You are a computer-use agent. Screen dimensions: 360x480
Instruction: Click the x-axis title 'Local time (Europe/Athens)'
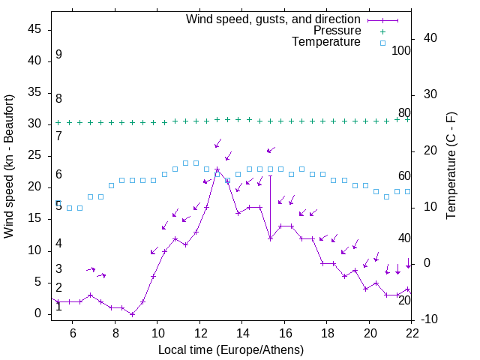tap(231, 349)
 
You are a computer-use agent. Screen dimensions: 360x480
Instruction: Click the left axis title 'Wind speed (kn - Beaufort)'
tap(9, 166)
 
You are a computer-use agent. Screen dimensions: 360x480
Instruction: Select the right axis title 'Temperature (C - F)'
tap(451, 166)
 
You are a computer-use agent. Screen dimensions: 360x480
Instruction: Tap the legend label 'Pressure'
tap(337, 31)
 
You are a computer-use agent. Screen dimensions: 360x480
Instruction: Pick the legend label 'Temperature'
tap(326, 42)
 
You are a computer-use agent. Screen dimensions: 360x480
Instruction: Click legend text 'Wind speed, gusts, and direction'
tap(274, 19)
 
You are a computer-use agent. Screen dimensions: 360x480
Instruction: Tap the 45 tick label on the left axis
tap(34, 29)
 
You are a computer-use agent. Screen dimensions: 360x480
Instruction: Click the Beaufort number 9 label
tap(58, 55)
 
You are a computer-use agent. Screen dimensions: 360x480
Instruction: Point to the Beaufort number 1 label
tap(58, 307)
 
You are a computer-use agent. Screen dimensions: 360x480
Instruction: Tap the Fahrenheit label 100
tap(401, 50)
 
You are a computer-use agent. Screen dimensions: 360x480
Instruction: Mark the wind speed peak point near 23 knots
tap(217, 169)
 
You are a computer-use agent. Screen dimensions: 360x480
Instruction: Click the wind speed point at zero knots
tap(132, 314)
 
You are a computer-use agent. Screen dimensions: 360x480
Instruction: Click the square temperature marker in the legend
tap(382, 43)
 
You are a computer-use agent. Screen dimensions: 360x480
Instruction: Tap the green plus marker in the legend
tap(382, 31)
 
